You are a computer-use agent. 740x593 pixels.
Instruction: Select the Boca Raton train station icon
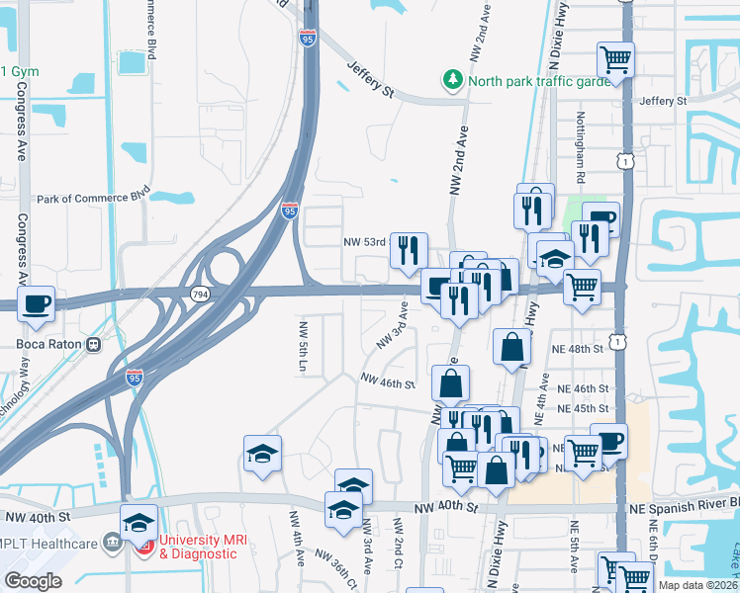tap(94, 345)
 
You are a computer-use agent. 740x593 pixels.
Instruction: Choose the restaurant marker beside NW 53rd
tap(409, 250)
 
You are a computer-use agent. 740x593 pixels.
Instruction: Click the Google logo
tap(34, 581)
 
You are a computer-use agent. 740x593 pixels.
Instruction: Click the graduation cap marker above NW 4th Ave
tap(262, 453)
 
